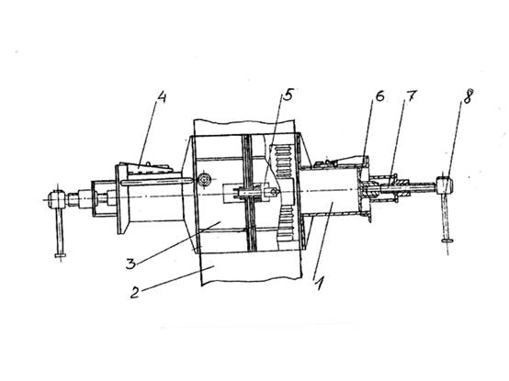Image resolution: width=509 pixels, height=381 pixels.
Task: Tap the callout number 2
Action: tap(135, 293)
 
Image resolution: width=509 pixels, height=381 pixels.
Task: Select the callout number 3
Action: tap(130, 263)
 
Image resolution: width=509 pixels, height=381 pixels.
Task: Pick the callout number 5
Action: tap(288, 95)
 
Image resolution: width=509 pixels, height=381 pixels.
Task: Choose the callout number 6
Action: tap(379, 96)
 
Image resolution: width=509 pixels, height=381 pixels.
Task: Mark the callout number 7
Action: tap(411, 95)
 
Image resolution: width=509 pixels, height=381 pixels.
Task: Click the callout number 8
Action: tap(467, 96)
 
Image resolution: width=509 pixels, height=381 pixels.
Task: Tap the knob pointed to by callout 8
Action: tap(445, 185)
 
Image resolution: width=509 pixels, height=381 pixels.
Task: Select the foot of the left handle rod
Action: tap(61, 255)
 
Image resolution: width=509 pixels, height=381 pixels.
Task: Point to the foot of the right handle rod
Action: tap(447, 241)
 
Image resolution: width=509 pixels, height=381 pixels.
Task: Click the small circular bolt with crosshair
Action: tap(204, 179)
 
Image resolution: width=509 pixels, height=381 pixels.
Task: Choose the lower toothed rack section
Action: tap(287, 223)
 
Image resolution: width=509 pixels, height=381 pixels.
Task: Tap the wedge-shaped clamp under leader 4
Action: tap(150, 168)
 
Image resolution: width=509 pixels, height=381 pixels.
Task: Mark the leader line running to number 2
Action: tap(177, 277)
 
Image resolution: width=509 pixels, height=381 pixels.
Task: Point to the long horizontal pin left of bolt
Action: tap(157, 182)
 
